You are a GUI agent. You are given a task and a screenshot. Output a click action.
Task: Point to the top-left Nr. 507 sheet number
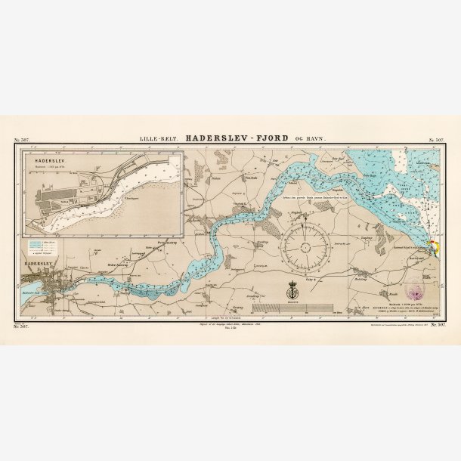pyautogui.click(x=22, y=141)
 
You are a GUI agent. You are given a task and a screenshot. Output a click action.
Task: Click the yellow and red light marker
pyautogui.click(x=432, y=244)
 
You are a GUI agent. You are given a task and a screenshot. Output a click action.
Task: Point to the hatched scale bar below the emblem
pyautogui.click(x=291, y=308)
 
